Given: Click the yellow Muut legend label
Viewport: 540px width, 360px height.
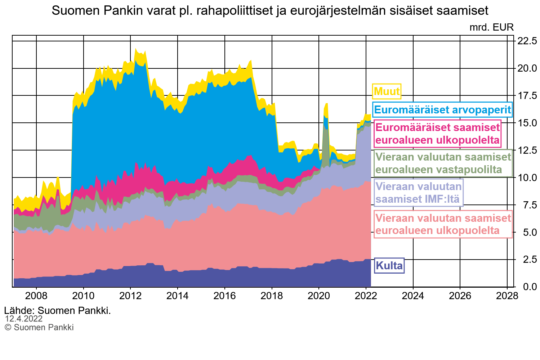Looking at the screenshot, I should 387,91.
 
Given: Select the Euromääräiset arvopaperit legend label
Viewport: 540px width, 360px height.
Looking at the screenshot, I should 442,110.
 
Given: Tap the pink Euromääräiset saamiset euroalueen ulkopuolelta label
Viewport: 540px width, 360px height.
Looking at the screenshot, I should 437,134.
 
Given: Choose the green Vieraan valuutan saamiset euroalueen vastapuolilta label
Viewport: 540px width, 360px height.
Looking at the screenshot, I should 443,163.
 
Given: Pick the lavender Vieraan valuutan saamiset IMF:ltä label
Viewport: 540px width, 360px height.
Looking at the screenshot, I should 418,193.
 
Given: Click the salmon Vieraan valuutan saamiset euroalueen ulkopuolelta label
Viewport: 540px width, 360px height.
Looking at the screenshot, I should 443,224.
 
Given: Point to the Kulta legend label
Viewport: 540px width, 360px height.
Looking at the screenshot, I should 389,266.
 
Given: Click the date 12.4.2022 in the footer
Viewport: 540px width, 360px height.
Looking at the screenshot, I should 24,319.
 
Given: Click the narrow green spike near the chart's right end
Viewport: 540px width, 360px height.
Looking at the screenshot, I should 326,144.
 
